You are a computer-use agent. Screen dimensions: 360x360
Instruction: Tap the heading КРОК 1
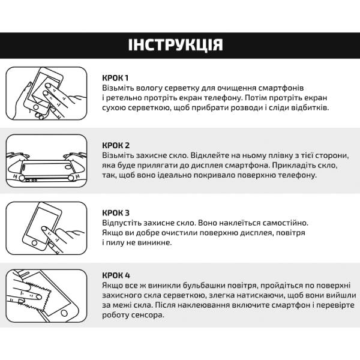click(x=116, y=78)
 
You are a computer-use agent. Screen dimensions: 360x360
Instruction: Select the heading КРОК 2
click(x=116, y=145)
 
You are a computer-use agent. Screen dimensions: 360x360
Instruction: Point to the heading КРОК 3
click(x=116, y=212)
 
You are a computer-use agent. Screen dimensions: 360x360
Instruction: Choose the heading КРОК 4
click(x=116, y=275)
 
